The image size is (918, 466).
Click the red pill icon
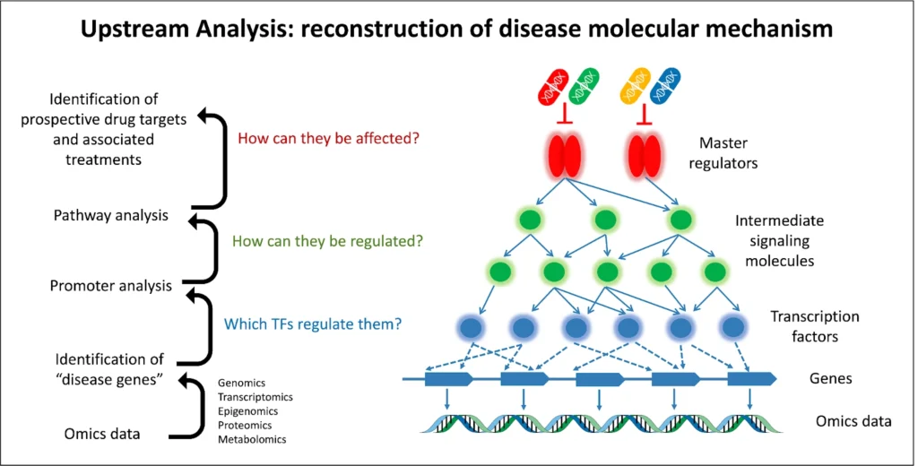552,86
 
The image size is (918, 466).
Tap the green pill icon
583,86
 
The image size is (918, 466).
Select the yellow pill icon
635,86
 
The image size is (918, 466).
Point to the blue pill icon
666,86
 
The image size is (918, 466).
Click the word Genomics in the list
241,383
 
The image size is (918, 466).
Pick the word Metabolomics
252,439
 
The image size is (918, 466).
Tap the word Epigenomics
247,411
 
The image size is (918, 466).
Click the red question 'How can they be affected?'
328,139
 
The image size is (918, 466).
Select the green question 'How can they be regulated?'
327,240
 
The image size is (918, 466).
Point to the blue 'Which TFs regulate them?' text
313,324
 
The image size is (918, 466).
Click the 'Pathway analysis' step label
110,215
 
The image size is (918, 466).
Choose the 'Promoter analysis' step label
110,286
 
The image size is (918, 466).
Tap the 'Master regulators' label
723,153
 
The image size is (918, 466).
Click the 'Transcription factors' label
814,326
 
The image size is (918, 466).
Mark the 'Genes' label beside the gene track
830,378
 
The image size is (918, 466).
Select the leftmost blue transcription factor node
471,328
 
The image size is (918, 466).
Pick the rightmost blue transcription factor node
733,328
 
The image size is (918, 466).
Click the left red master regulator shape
565,156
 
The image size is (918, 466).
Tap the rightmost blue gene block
752,379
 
